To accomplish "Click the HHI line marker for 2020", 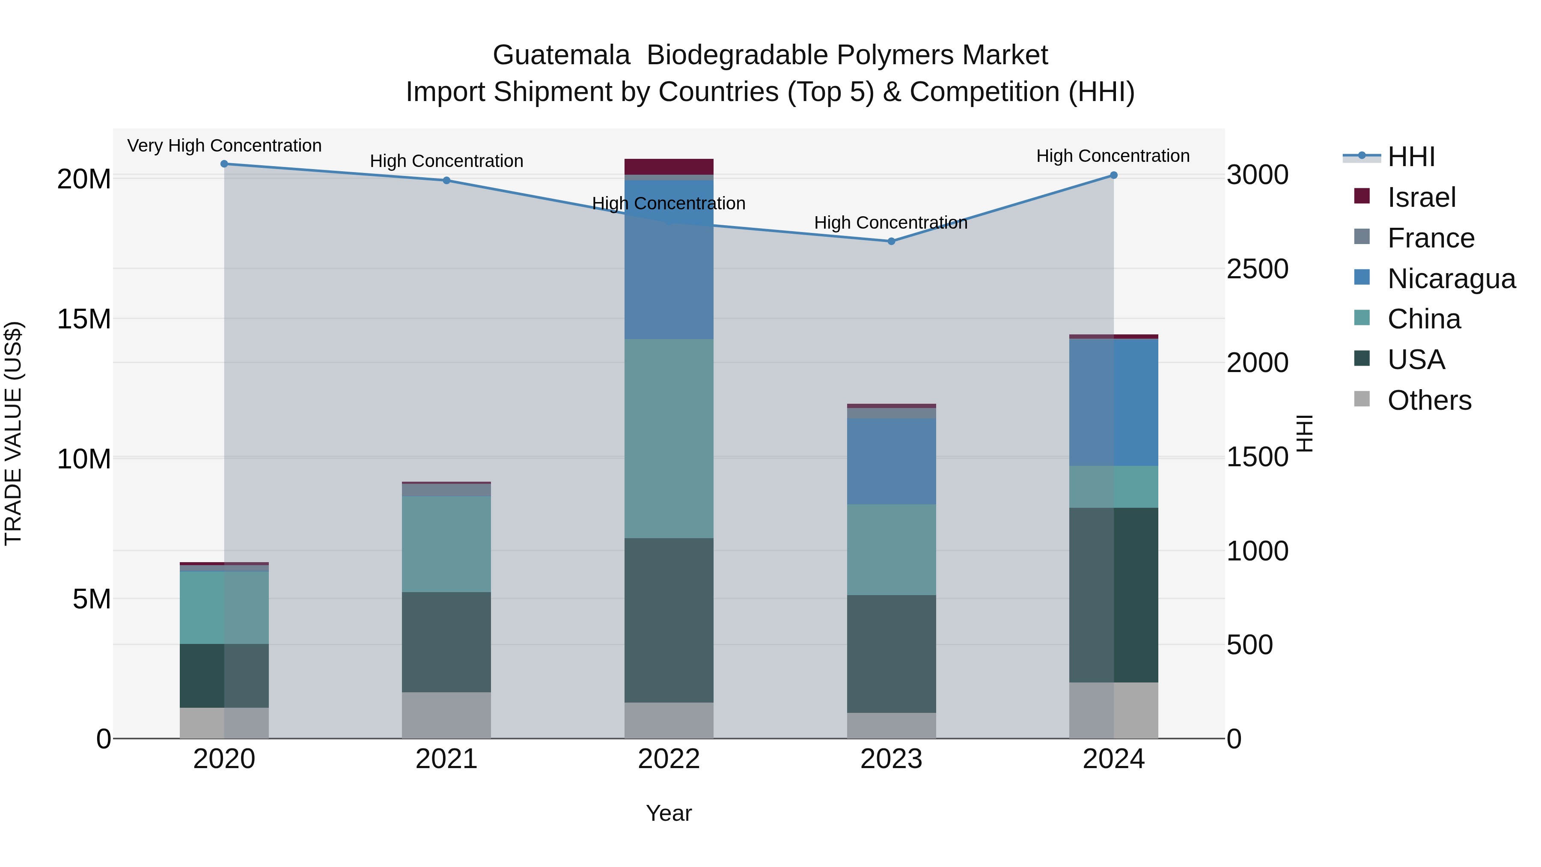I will [224, 164].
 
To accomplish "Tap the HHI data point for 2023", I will [891, 241].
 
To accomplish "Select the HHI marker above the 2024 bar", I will [1113, 175].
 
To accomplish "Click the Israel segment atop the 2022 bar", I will [669, 167].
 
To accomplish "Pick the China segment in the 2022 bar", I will [669, 438].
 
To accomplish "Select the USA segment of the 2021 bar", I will [446, 642].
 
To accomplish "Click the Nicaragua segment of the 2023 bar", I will [891, 461].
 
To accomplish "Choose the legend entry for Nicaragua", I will [1451, 279].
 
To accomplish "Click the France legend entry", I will [1430, 238].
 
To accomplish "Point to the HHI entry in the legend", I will [1410, 157].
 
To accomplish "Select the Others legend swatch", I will [1362, 399].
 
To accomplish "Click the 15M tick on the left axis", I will [84, 319].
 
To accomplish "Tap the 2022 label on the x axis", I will [669, 759].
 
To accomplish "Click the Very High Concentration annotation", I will [224, 146].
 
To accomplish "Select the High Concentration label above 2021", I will [446, 161].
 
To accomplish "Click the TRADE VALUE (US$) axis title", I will [13, 433].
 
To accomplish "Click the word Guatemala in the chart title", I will [561, 55].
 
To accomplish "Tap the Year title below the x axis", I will [669, 813].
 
